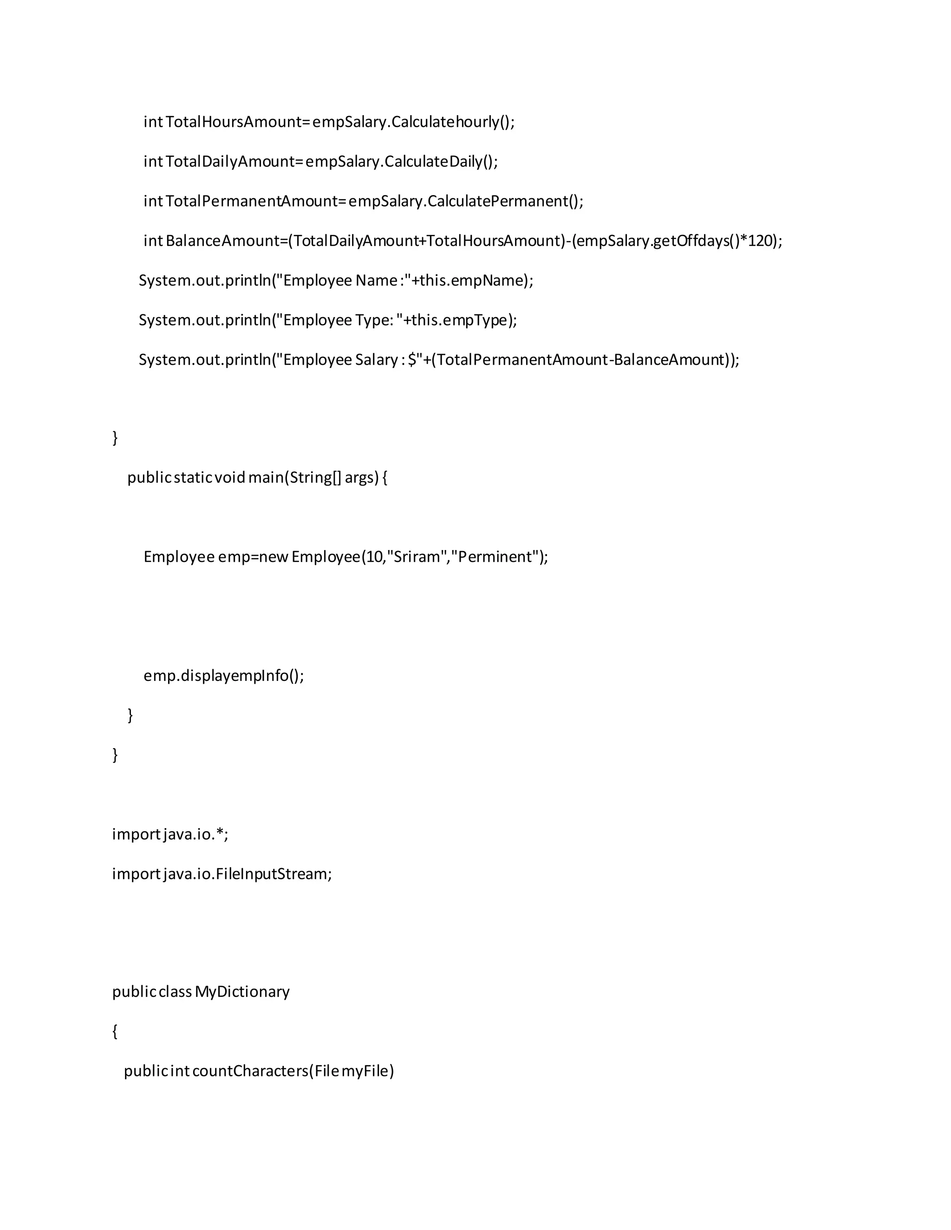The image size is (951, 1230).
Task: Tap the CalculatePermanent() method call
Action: (505, 201)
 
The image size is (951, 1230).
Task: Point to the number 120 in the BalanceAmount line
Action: (760, 241)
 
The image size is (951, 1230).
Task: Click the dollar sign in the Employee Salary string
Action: (412, 360)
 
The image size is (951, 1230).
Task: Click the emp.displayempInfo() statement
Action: (224, 675)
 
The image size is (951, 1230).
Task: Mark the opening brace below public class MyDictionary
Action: (116, 1031)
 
